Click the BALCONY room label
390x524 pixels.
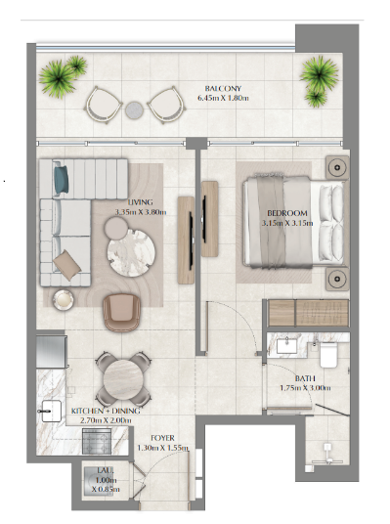point(223,89)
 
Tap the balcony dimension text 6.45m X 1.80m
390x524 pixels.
point(223,98)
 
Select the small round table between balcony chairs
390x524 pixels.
point(134,109)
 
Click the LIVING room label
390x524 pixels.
point(141,202)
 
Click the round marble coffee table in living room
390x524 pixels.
point(131,252)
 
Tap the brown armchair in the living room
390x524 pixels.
point(122,312)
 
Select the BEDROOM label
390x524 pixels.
point(287,213)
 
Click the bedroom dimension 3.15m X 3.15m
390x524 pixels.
point(287,223)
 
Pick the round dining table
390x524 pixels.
point(122,378)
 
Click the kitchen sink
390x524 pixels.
point(50,412)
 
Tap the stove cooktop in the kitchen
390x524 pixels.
point(97,441)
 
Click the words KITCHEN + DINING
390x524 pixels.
point(106,411)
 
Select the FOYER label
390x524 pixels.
point(162,438)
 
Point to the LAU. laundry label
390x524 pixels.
point(106,470)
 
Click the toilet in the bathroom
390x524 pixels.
point(329,355)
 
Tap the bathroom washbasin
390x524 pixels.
point(286,345)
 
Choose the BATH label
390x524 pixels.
point(305,378)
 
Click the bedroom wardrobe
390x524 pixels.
point(309,313)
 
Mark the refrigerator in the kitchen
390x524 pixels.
point(52,352)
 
